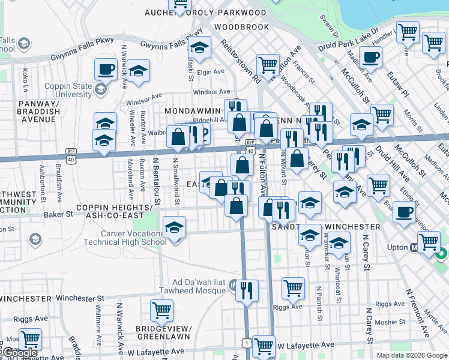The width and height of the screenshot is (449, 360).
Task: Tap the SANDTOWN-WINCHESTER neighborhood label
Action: pos(326,227)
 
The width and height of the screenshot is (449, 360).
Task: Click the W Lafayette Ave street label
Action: pos(305,345)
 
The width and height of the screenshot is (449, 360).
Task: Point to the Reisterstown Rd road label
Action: pos(239,61)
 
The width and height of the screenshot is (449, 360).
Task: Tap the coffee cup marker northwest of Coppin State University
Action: pos(106,68)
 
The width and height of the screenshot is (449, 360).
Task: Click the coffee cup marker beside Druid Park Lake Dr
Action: pos(370,58)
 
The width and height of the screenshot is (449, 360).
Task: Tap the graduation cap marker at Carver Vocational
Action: pos(174,227)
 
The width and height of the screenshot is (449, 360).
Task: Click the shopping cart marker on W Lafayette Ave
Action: pos(264,346)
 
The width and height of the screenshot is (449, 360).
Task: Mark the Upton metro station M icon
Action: pos(414,247)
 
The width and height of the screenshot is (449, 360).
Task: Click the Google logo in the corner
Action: pos(19,353)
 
